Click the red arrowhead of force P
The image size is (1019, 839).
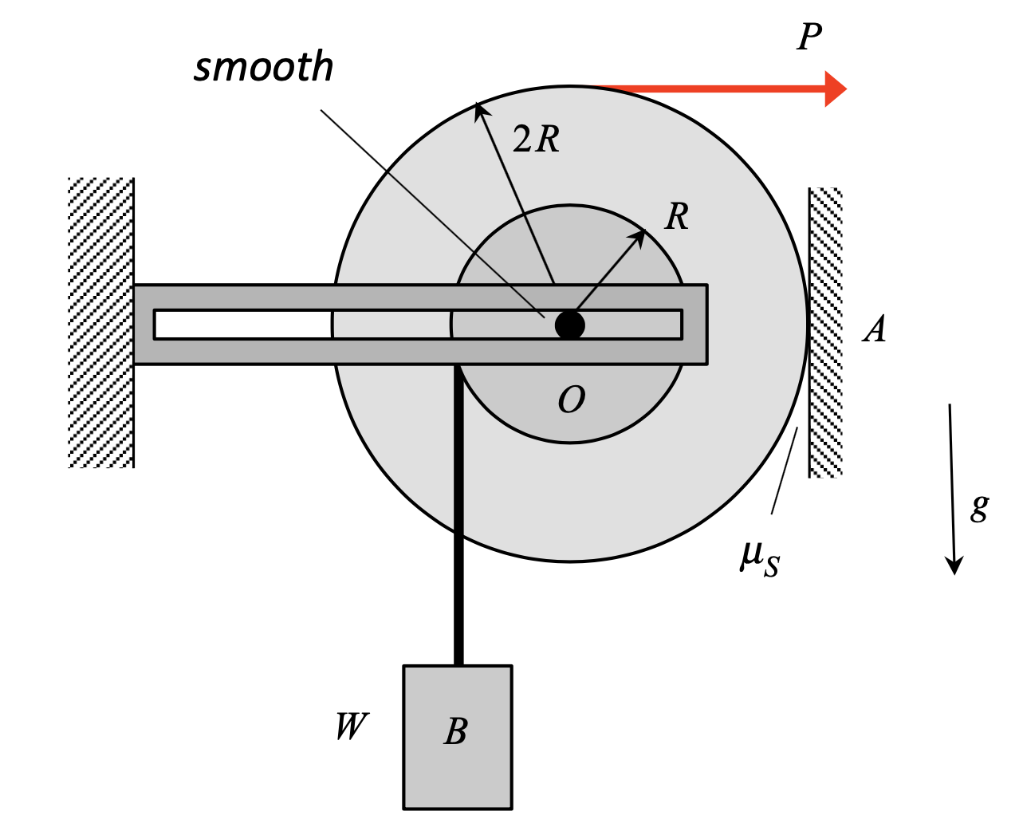[x=834, y=89]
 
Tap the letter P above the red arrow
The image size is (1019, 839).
[x=809, y=37]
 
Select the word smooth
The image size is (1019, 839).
[x=264, y=67]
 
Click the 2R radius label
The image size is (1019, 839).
[x=536, y=140]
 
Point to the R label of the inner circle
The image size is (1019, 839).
[x=677, y=216]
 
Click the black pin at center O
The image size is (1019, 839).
[x=570, y=325]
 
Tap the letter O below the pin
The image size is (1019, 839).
[x=572, y=400]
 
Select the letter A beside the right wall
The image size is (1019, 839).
[x=875, y=329]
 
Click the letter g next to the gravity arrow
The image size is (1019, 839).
[x=979, y=506]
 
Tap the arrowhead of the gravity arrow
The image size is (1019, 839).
[x=954, y=565]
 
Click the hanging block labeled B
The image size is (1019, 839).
[x=458, y=737]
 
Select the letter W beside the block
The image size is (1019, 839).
[x=351, y=727]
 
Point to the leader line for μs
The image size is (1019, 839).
[x=784, y=471]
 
